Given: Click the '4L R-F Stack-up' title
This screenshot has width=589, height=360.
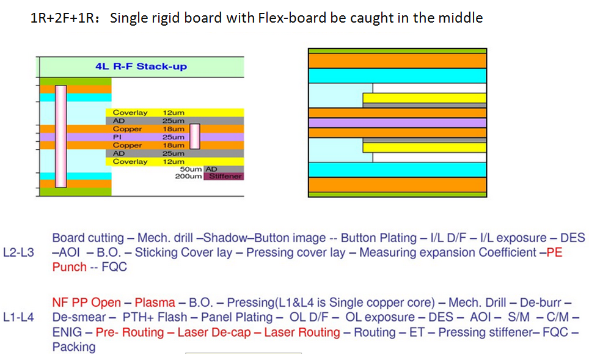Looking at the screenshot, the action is [141, 67].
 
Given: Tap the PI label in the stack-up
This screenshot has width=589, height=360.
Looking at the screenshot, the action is [117, 137].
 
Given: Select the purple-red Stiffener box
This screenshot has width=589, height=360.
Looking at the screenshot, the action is [224, 176].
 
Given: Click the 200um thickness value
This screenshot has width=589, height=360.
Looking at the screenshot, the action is [189, 176].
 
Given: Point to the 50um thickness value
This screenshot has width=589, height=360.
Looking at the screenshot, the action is [191, 169].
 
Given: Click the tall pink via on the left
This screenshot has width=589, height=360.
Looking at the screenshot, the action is [61, 136].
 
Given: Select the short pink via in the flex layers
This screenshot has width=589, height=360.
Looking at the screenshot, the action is [194, 136].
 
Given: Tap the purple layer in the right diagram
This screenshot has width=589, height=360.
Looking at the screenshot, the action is [397, 122].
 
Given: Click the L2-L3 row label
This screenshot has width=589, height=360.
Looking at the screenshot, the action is [18, 252].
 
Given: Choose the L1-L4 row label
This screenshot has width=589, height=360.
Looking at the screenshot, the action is [18, 317].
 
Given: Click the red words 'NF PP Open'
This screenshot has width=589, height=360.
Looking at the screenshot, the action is [86, 303].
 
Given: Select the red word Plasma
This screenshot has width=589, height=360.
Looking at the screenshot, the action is [155, 303].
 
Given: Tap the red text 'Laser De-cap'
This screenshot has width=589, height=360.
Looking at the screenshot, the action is [214, 332].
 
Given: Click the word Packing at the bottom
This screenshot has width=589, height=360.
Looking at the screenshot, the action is [74, 347].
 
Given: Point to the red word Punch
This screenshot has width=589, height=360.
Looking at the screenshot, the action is [70, 267].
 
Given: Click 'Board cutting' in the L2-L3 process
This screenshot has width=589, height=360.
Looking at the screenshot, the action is [88, 238].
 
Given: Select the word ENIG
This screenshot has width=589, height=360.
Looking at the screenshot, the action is [67, 332].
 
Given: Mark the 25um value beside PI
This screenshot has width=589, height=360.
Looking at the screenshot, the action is [173, 137].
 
